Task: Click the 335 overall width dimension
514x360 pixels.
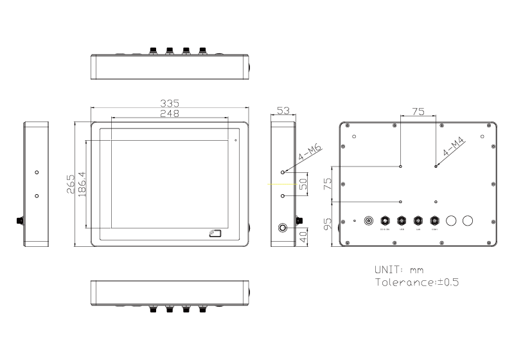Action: [x=170, y=103]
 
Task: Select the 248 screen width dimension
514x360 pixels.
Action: [x=170, y=113]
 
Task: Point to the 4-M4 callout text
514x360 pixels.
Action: [x=453, y=148]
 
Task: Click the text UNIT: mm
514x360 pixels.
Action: [x=398, y=269]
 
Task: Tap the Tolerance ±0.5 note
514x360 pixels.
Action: [x=416, y=282]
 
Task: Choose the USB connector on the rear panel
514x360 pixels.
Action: [x=402, y=221]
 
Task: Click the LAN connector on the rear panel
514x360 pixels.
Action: [x=418, y=221]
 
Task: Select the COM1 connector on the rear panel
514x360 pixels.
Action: [x=434, y=221]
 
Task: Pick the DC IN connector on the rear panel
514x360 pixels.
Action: [x=385, y=221]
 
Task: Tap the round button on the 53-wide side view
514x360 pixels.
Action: [x=283, y=228]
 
